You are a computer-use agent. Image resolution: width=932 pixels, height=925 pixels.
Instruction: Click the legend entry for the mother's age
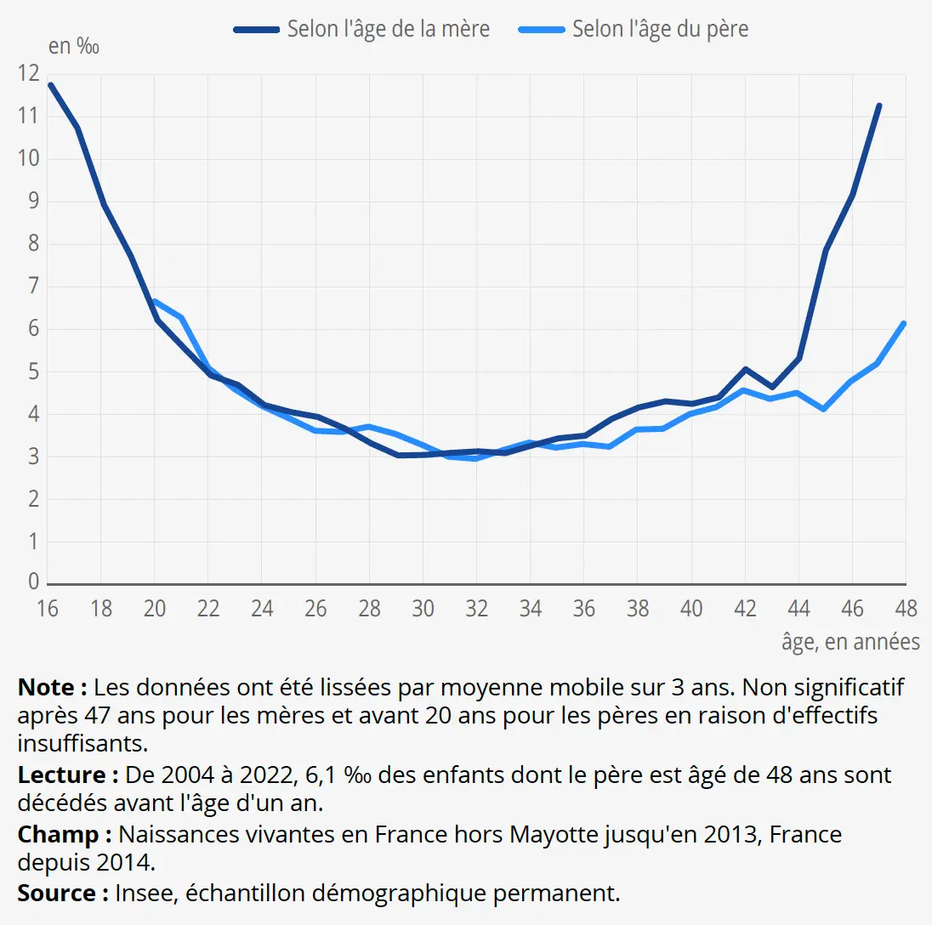[361, 29]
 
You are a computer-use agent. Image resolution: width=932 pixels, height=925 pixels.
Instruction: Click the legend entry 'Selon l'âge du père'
[633, 29]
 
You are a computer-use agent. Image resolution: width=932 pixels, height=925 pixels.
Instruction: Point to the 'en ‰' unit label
[74, 46]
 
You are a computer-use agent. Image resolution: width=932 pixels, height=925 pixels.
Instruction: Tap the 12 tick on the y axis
[29, 73]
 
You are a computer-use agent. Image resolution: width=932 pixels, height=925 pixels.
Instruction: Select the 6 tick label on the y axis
[33, 328]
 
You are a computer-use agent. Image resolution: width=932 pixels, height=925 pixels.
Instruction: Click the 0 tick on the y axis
[33, 581]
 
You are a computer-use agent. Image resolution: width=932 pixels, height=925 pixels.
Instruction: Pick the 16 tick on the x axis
[48, 609]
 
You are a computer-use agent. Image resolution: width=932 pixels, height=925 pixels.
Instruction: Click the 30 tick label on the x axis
[423, 609]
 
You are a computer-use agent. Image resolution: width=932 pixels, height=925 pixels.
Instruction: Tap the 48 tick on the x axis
[906, 609]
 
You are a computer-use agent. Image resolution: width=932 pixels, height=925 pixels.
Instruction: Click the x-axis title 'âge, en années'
[850, 642]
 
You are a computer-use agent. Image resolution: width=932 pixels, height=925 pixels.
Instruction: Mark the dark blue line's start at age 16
[50, 85]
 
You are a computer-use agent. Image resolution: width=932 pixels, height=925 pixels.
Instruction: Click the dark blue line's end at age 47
[879, 105]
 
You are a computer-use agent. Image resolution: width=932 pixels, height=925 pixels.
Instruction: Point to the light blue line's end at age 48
[904, 324]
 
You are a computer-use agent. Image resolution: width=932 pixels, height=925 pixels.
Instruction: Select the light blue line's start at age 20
[156, 301]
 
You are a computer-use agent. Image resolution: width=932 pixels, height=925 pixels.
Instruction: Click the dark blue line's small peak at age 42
[745, 369]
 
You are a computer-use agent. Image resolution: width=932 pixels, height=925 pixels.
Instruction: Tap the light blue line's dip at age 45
[824, 409]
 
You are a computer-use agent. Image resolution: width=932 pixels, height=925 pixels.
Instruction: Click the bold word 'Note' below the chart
[47, 687]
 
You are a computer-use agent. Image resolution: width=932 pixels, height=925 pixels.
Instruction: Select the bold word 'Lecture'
[62, 775]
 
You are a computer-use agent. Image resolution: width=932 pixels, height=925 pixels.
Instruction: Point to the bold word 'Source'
[57, 894]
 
